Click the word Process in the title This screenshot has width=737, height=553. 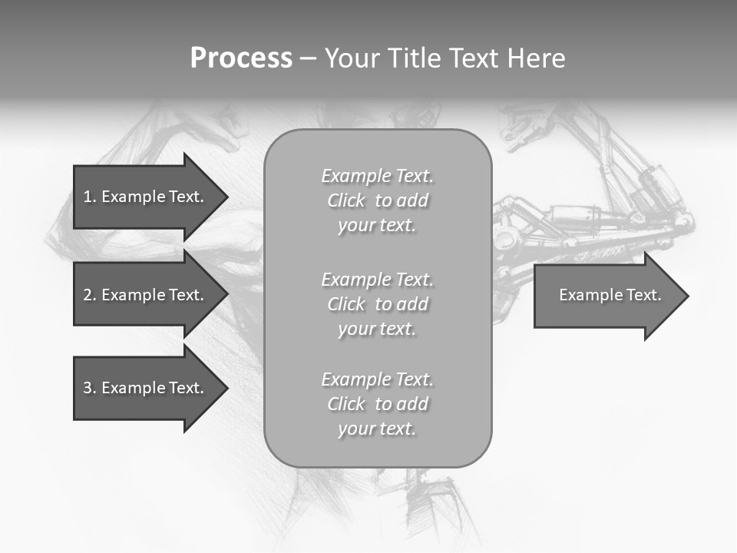coord(241,58)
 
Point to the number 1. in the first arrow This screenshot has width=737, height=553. coord(90,197)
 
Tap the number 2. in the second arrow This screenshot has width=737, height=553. coord(90,295)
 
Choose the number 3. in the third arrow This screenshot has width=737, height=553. coord(90,388)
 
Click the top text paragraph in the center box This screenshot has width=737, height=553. coord(377,200)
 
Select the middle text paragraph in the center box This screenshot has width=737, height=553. coord(377,304)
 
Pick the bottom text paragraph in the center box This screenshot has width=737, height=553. coord(377,404)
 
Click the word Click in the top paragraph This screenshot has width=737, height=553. coord(346,200)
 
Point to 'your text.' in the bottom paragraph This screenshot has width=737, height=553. coord(377,429)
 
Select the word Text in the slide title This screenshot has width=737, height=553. coord(471,58)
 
